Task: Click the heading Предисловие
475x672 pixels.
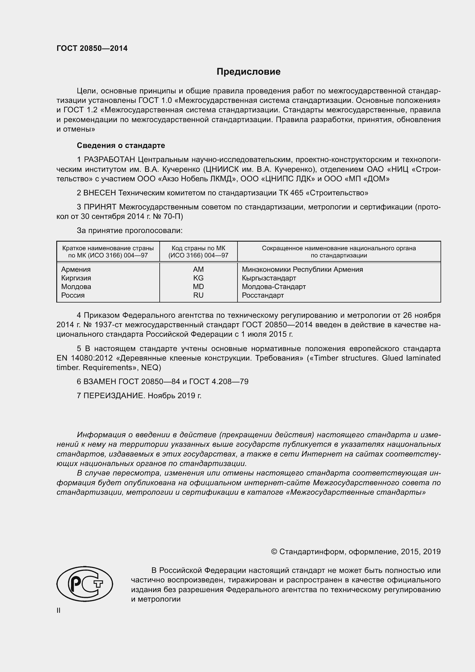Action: tap(248, 72)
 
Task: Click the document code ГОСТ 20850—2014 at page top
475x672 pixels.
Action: tap(92, 48)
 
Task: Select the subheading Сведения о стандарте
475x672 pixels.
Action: tap(121, 145)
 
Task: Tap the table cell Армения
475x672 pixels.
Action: tap(76, 269)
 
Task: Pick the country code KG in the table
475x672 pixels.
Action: tap(198, 278)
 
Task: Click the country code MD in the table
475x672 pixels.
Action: tap(198, 286)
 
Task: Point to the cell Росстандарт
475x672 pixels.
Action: tap(263, 295)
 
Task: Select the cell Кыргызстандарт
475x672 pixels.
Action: tap(269, 278)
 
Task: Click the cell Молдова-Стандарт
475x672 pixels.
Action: tap(274, 286)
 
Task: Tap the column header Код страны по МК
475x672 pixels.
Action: tap(198, 248)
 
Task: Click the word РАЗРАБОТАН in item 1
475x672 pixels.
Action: tap(110, 160)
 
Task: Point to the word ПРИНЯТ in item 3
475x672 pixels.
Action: tap(100, 207)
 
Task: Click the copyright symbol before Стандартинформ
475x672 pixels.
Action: tap(274, 552)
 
